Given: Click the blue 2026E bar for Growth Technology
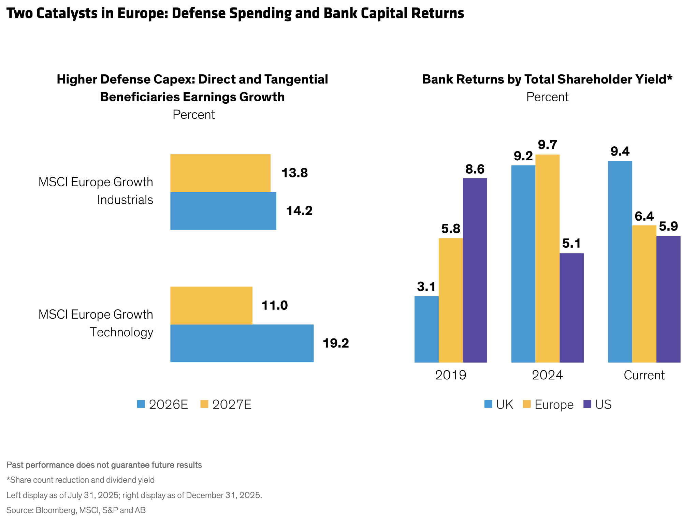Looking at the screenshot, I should [242, 343].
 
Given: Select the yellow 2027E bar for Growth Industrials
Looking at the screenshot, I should [220, 173].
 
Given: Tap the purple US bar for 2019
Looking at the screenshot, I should [475, 270].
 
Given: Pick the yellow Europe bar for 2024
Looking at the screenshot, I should [547, 258].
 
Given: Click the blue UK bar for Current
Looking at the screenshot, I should [620, 261].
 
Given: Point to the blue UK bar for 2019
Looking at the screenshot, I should [426, 329].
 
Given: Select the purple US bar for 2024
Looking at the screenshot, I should [571, 307].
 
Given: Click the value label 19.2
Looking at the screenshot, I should [336, 343].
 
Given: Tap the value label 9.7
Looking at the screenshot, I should [547, 145].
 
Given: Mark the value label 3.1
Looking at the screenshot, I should [426, 287].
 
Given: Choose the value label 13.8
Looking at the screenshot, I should [294, 173].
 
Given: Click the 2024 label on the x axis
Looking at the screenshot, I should [547, 375].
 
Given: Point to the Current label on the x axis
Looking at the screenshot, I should [644, 375].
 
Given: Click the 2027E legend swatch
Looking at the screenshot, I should [204, 404].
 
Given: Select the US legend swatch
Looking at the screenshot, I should [587, 404].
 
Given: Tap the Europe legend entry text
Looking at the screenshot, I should [554, 405].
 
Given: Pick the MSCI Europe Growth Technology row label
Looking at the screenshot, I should [96, 323].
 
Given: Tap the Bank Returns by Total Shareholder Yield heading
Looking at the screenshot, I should [547, 79].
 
